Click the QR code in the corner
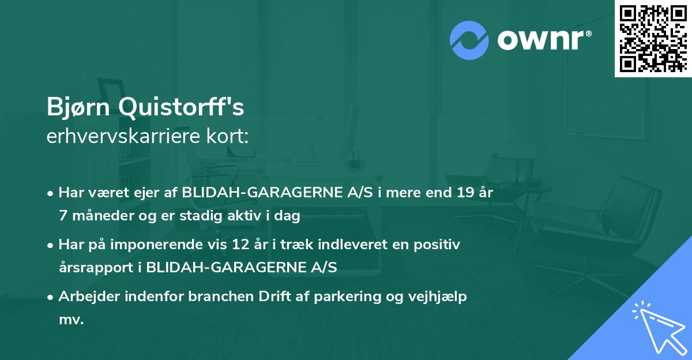653,38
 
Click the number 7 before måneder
63,216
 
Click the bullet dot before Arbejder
51,297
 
